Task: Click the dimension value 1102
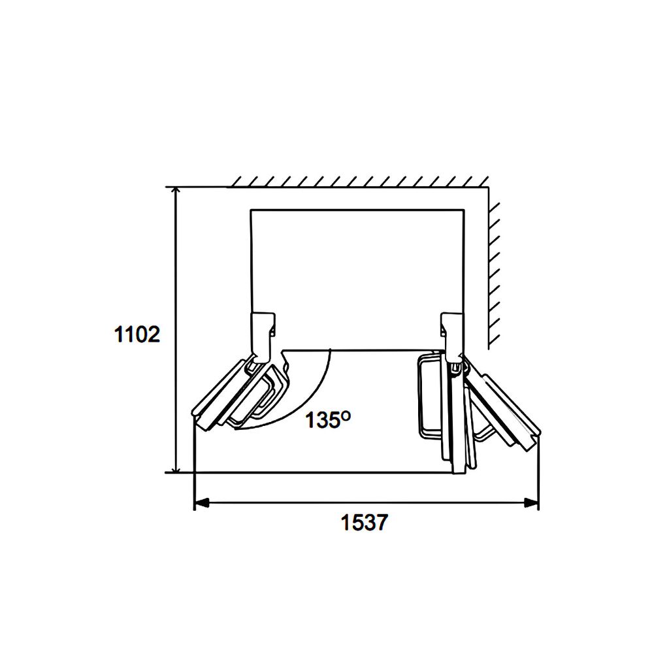tap(137, 334)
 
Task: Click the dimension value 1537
tap(364, 523)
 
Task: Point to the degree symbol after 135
tap(346, 415)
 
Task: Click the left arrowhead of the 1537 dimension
tap(201, 502)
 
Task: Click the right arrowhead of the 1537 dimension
tap(532, 502)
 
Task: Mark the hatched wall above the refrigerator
tap(359, 182)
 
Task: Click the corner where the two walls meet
tap(488, 188)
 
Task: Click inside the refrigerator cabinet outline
tap(357, 274)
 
